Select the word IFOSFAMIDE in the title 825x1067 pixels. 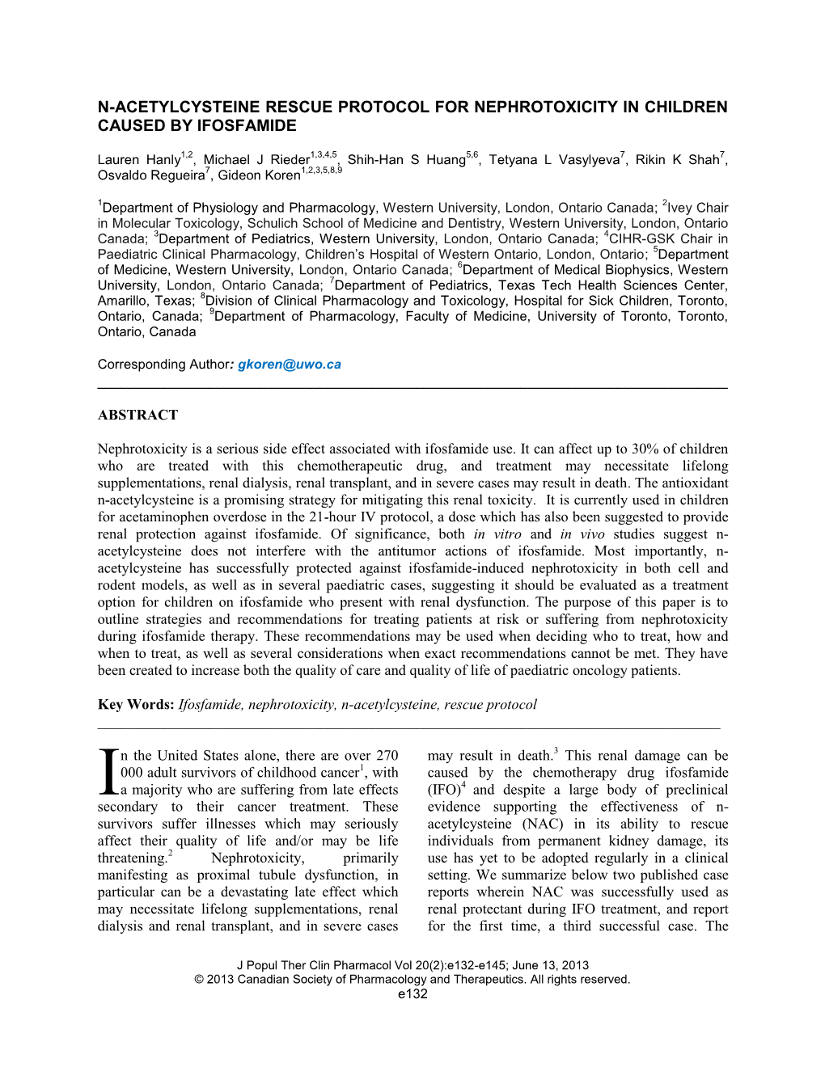pos(247,125)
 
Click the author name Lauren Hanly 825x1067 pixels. pos(138,160)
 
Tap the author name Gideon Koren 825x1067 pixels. pos(259,175)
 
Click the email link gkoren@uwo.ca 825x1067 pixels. pos(290,365)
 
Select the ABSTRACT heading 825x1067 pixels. pos(137,415)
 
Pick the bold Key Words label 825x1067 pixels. pos(136,704)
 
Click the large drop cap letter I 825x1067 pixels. pos(108,773)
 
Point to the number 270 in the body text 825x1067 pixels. pos(387,755)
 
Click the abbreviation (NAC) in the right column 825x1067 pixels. pos(543,824)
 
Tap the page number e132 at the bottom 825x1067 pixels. pos(412,993)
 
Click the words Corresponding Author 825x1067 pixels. pos(164,365)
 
